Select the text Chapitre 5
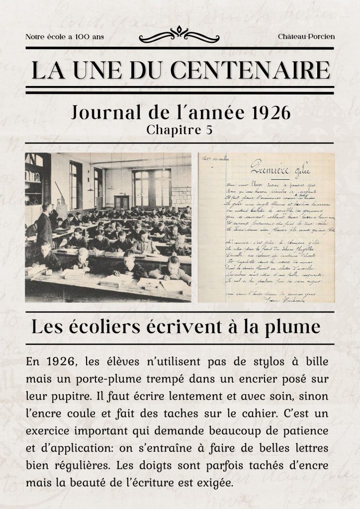(180, 130)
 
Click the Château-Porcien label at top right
(306, 37)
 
